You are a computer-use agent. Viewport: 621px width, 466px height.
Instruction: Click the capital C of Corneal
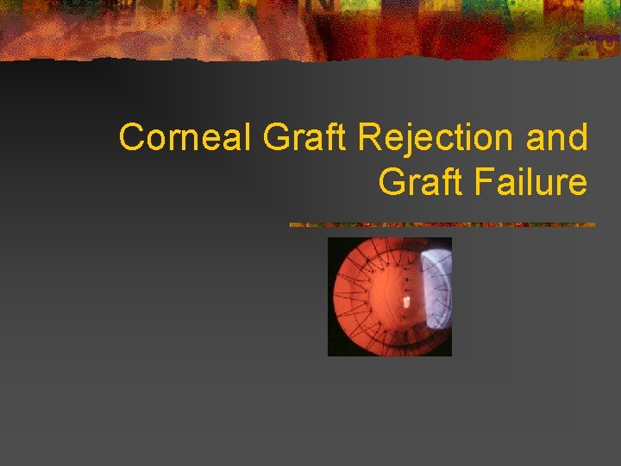(x=130, y=138)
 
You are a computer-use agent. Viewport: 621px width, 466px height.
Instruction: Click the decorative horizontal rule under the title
(x=442, y=224)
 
